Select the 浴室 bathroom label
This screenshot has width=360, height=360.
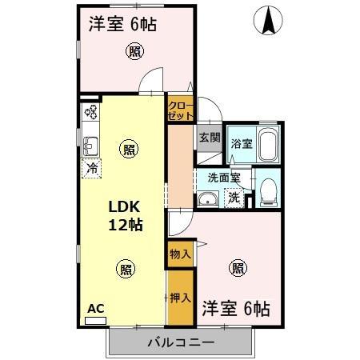(x=241, y=145)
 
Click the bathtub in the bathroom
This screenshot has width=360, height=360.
(x=266, y=145)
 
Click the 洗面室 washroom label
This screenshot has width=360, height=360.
(x=224, y=178)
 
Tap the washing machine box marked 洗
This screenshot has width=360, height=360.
(x=234, y=198)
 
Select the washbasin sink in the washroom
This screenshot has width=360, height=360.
(x=208, y=200)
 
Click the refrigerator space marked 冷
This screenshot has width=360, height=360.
(x=93, y=168)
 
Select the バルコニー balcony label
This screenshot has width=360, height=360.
(x=180, y=343)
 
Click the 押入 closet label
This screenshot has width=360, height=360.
(x=181, y=298)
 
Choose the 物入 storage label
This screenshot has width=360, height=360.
(x=181, y=254)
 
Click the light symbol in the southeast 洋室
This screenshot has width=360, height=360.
(x=238, y=268)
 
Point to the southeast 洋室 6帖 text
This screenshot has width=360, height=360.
(x=235, y=307)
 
